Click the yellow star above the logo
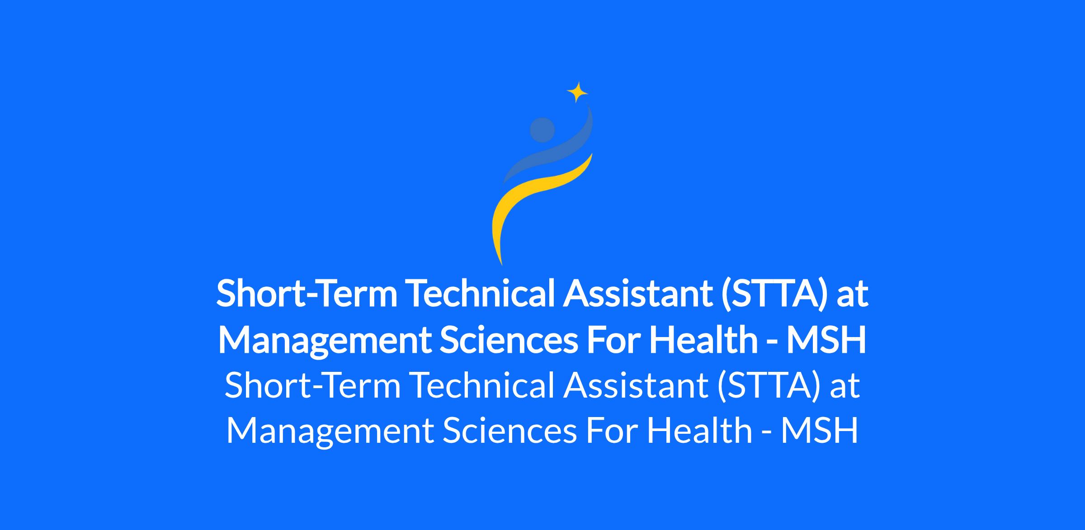[577, 93]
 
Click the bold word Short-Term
[307, 293]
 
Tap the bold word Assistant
[637, 293]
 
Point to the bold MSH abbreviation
[826, 340]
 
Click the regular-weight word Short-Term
[313, 385]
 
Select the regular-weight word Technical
[482, 385]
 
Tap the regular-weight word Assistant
[636, 385]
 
